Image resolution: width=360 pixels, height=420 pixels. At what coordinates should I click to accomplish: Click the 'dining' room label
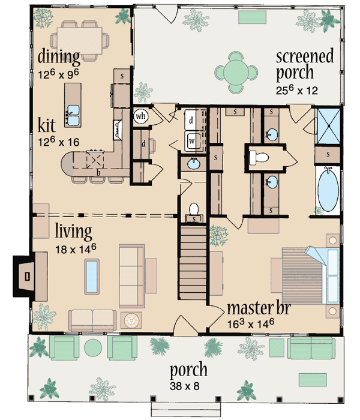(x=58, y=58)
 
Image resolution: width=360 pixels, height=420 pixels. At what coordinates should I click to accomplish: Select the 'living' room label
(x=73, y=230)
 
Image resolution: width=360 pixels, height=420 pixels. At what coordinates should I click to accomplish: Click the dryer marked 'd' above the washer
(x=191, y=120)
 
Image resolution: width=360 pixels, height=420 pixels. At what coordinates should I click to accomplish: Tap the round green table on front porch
(x=93, y=348)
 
